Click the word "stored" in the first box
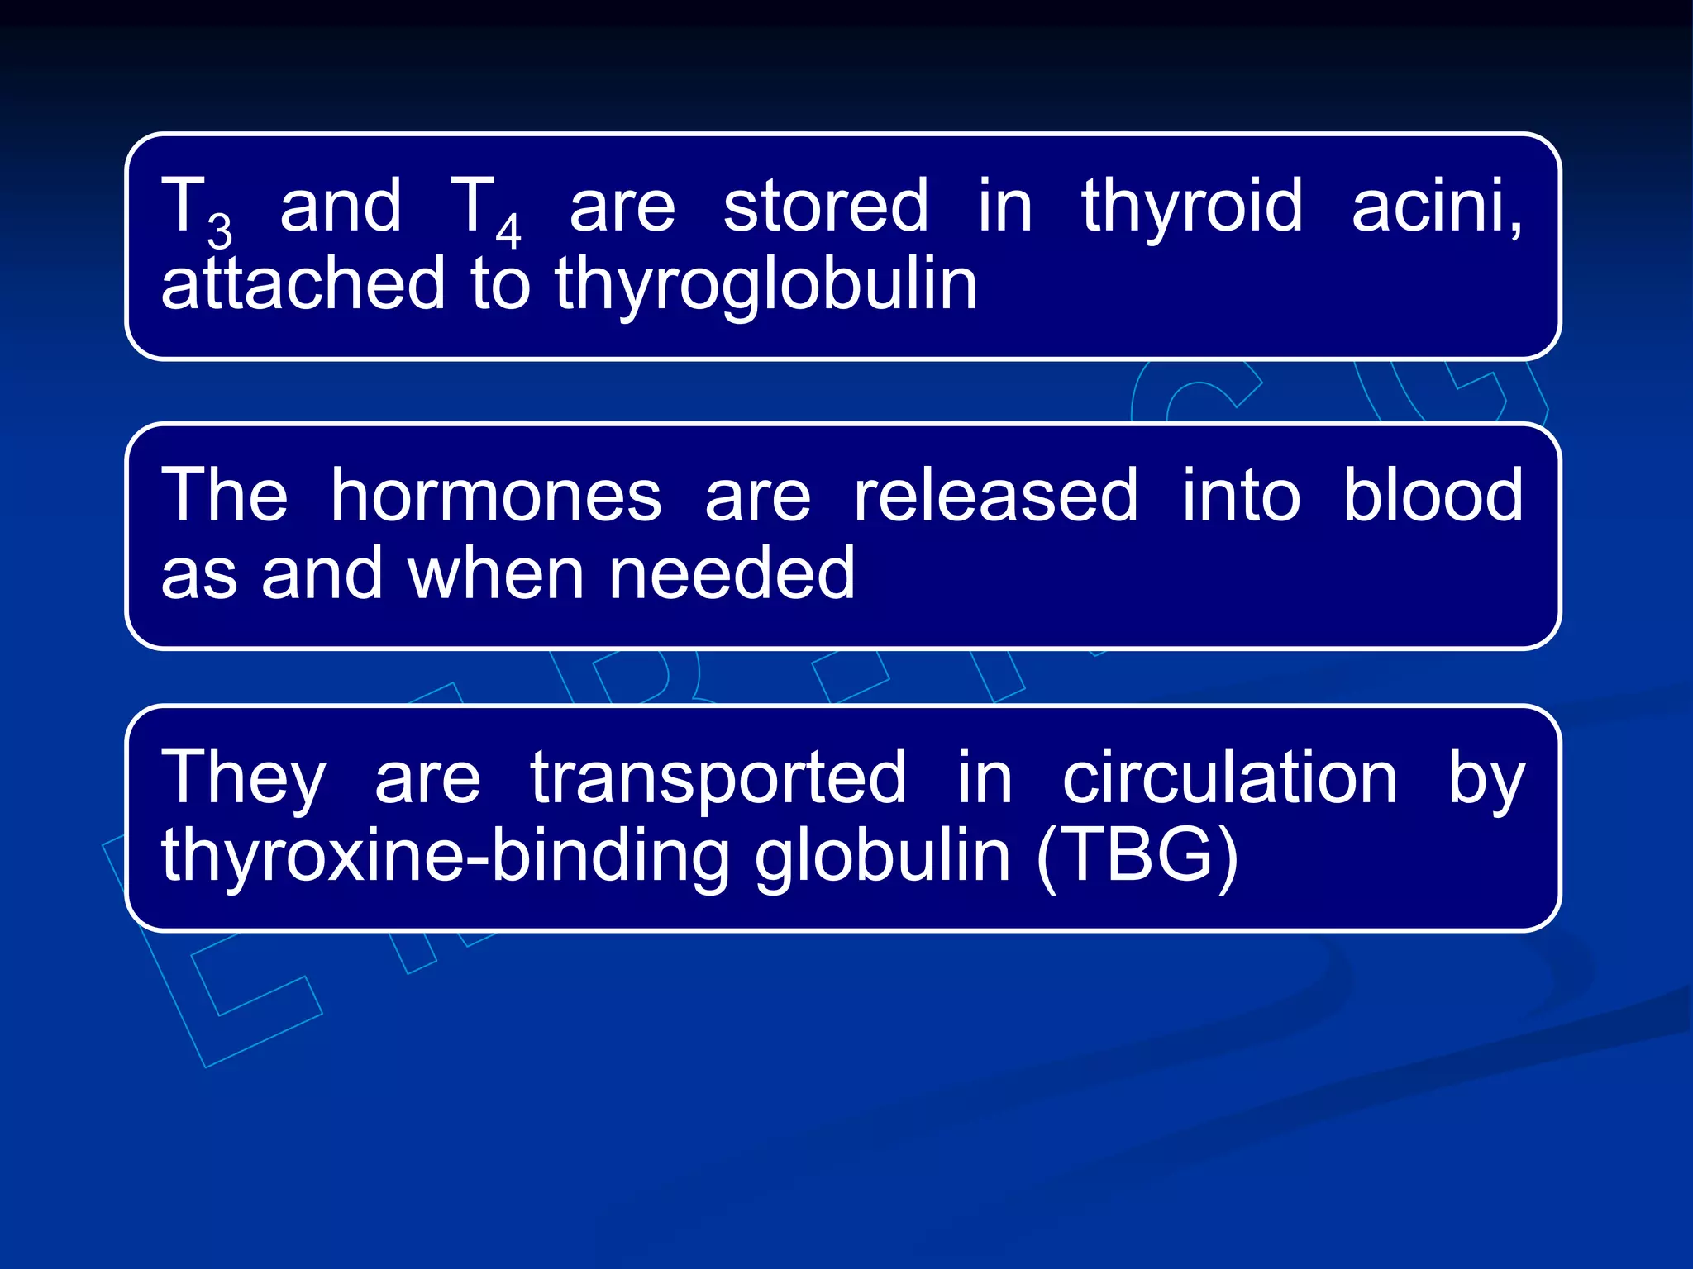click(825, 206)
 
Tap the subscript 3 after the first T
click(220, 231)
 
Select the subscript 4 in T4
click(508, 231)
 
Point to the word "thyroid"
click(1191, 206)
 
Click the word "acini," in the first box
click(1437, 206)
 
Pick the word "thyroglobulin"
click(765, 285)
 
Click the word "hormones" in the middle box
click(496, 495)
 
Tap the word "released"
click(995, 495)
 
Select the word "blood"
click(1433, 495)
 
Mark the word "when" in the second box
click(496, 573)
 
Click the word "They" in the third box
click(244, 778)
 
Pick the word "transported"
click(718, 778)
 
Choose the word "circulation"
click(1229, 778)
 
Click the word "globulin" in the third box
click(882, 856)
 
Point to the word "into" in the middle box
click(1241, 495)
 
